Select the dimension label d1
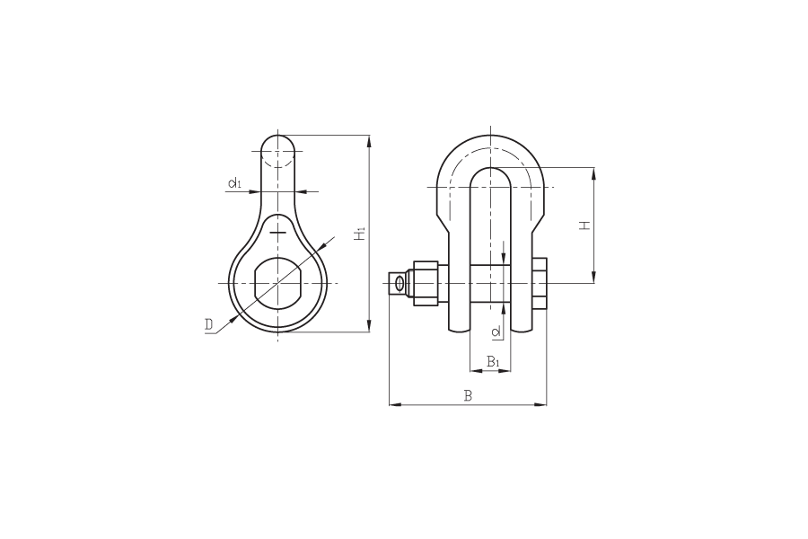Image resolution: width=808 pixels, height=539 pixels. pos(235,182)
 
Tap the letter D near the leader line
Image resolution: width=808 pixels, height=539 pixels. pos(208,324)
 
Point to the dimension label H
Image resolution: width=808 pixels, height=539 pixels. pos(584,225)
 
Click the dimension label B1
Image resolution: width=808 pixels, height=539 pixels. pos(493,361)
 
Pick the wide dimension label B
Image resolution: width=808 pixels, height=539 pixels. pos(468,395)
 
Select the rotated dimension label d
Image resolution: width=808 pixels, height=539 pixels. pos(496,331)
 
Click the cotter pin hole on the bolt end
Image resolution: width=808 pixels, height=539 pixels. pos(399,283)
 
